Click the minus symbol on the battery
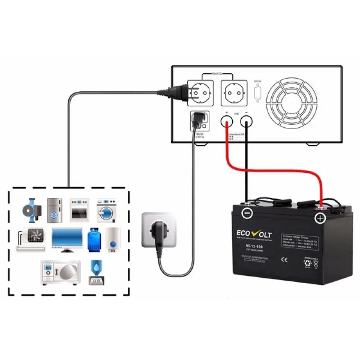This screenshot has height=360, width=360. pos(246,213)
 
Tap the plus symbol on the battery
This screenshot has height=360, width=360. pos(320,219)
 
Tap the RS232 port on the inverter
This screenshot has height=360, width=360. pos(257,92)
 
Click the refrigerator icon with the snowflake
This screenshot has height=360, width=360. pos(54,209)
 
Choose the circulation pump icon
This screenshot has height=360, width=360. pos(33,208)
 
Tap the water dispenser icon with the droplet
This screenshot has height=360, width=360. pos(95,272)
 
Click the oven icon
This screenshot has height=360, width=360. pos(79,210)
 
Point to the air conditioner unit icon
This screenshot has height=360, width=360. pos(31,239)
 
